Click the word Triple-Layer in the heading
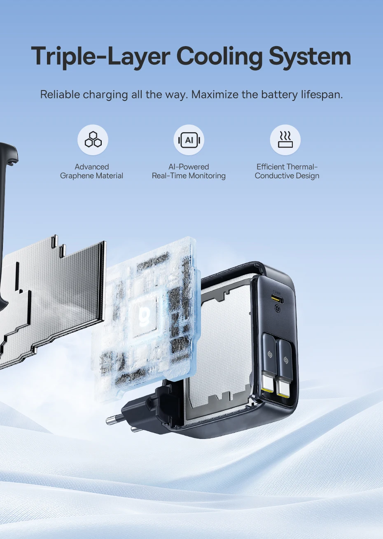pyautogui.click(x=100, y=57)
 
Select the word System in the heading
pyautogui.click(x=310, y=56)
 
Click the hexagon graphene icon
pyautogui.click(x=93, y=140)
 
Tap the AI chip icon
pyautogui.click(x=189, y=140)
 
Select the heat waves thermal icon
pyautogui.click(x=285, y=139)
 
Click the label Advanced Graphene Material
pyautogui.click(x=91, y=171)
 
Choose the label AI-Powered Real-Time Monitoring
pyautogui.click(x=189, y=171)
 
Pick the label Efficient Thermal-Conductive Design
pyautogui.click(x=287, y=171)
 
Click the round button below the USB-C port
pyautogui.click(x=278, y=309)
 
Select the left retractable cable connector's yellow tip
pyautogui.click(x=267, y=390)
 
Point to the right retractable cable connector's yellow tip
pyautogui.click(x=283, y=394)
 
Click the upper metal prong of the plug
pyautogui.click(x=114, y=420)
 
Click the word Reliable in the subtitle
pyautogui.click(x=60, y=94)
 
